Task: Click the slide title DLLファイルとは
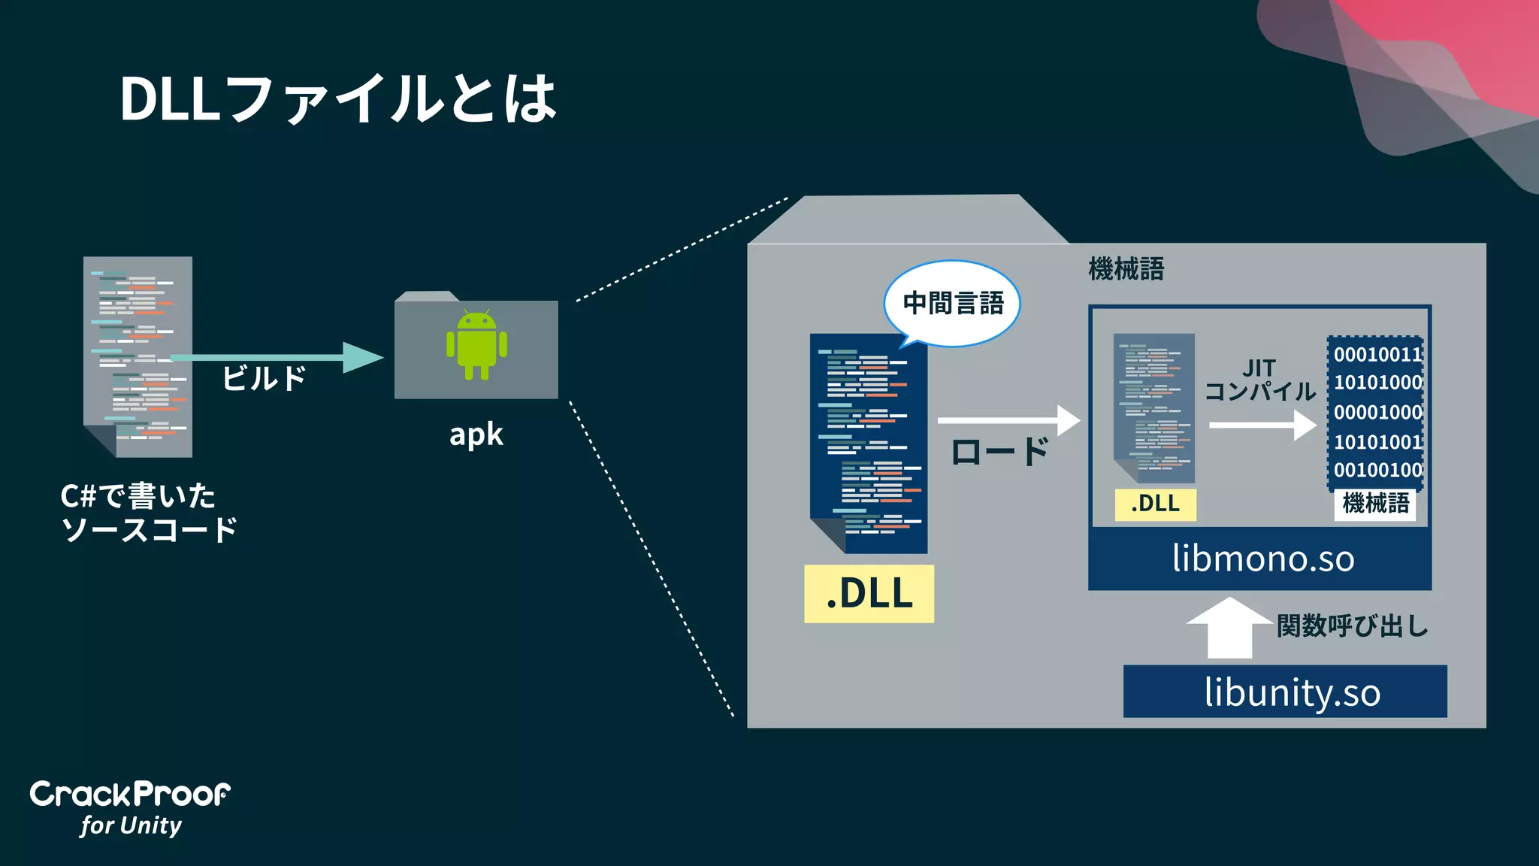coord(338,99)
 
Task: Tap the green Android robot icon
coord(476,344)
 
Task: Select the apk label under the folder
coord(476,435)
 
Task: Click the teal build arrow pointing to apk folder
coord(278,357)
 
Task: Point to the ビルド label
coord(264,378)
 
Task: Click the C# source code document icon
coord(138,356)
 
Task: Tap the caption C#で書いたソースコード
coord(148,513)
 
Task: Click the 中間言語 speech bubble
coord(952,303)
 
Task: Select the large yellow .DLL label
coord(869,593)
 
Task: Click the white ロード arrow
coord(1008,420)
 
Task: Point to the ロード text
coord(999,452)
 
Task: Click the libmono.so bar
coord(1262,559)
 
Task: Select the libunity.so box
coord(1284,692)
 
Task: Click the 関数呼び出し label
coord(1353,625)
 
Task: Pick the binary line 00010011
coord(1377,354)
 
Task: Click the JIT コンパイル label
coord(1259,380)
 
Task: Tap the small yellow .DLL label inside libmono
coord(1155,504)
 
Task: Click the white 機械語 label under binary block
coord(1375,503)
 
